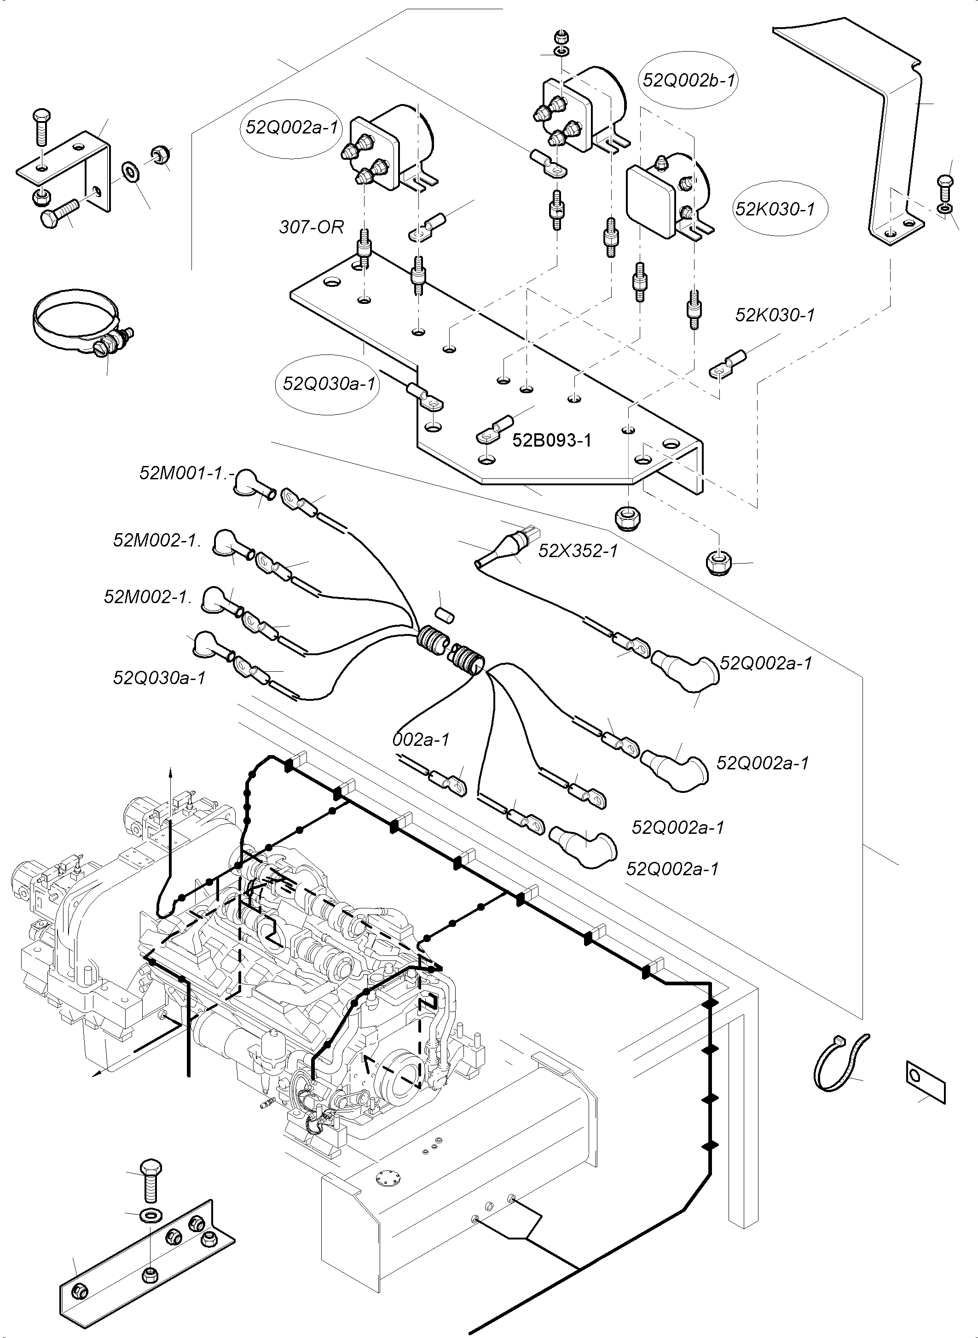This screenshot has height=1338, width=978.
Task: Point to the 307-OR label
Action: (x=312, y=227)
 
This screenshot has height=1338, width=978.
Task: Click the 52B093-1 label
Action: (x=552, y=440)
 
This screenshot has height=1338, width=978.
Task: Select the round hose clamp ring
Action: (x=83, y=323)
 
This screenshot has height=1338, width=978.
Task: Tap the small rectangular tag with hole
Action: (x=926, y=1082)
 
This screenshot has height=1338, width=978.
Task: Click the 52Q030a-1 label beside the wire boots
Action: (x=160, y=678)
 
